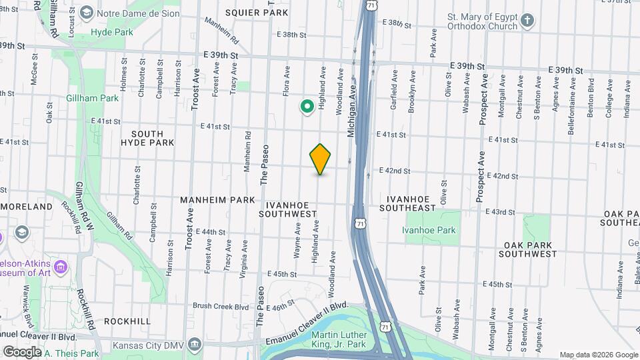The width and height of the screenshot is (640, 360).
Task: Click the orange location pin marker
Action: (320, 159)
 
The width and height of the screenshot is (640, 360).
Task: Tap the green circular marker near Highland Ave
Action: (307, 106)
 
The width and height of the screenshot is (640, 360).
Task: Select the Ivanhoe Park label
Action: (429, 230)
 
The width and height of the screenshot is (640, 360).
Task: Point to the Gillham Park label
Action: (92, 98)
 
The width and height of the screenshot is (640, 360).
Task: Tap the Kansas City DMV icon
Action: (195, 345)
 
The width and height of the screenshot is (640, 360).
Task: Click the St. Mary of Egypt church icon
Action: (527, 19)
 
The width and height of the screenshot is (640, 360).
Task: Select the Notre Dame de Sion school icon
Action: (87, 13)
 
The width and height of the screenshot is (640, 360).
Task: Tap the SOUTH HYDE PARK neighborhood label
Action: (148, 138)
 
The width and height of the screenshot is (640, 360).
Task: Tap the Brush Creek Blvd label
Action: (220, 306)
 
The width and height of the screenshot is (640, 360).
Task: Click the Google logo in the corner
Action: (22, 351)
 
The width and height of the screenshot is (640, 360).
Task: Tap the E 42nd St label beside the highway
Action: (394, 171)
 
